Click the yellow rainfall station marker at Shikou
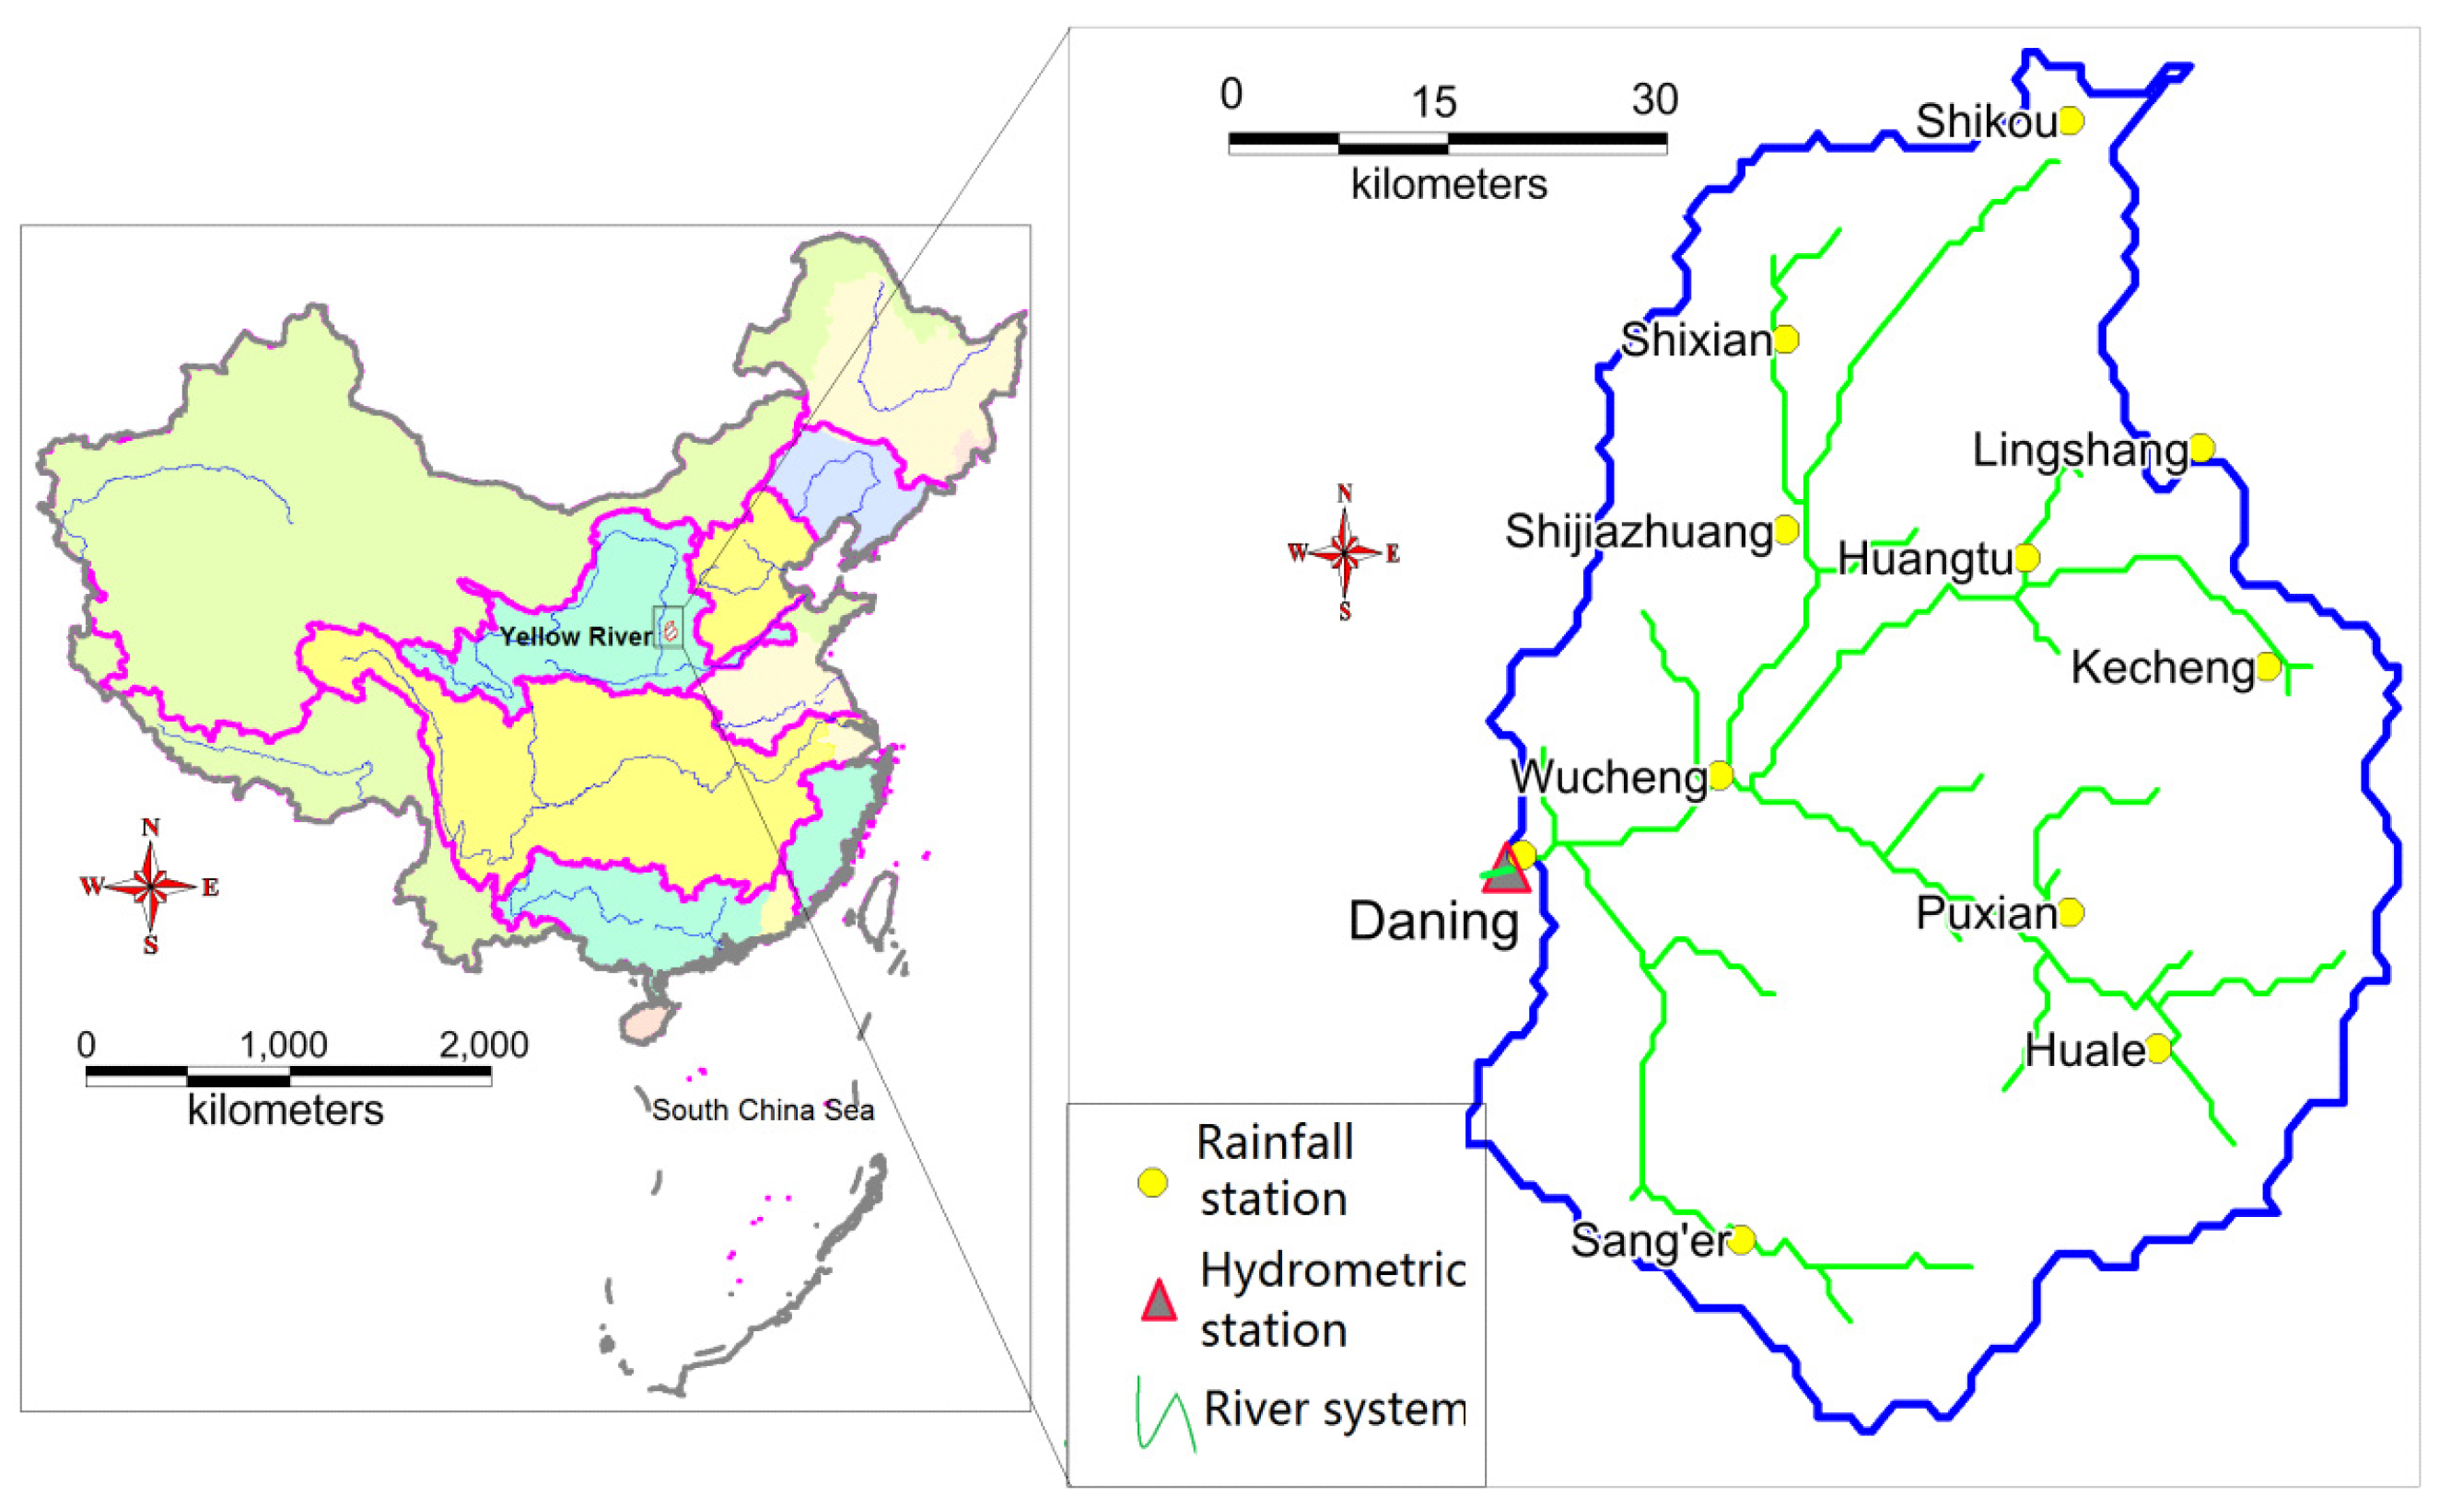point(2072,121)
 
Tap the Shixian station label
point(1695,341)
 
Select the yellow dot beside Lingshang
point(2201,448)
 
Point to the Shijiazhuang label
point(1639,531)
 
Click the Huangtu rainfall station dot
point(2026,557)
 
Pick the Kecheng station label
point(2162,667)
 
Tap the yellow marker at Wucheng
point(1720,774)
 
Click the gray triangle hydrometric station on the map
point(1506,871)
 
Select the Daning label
point(1433,921)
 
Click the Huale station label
point(2084,1050)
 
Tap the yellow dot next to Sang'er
point(1741,1240)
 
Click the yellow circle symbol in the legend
point(1152,1183)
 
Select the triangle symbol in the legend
point(1158,1302)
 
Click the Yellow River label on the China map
point(576,636)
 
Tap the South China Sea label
point(763,1110)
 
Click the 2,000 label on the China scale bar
point(484,1045)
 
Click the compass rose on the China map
point(149,885)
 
